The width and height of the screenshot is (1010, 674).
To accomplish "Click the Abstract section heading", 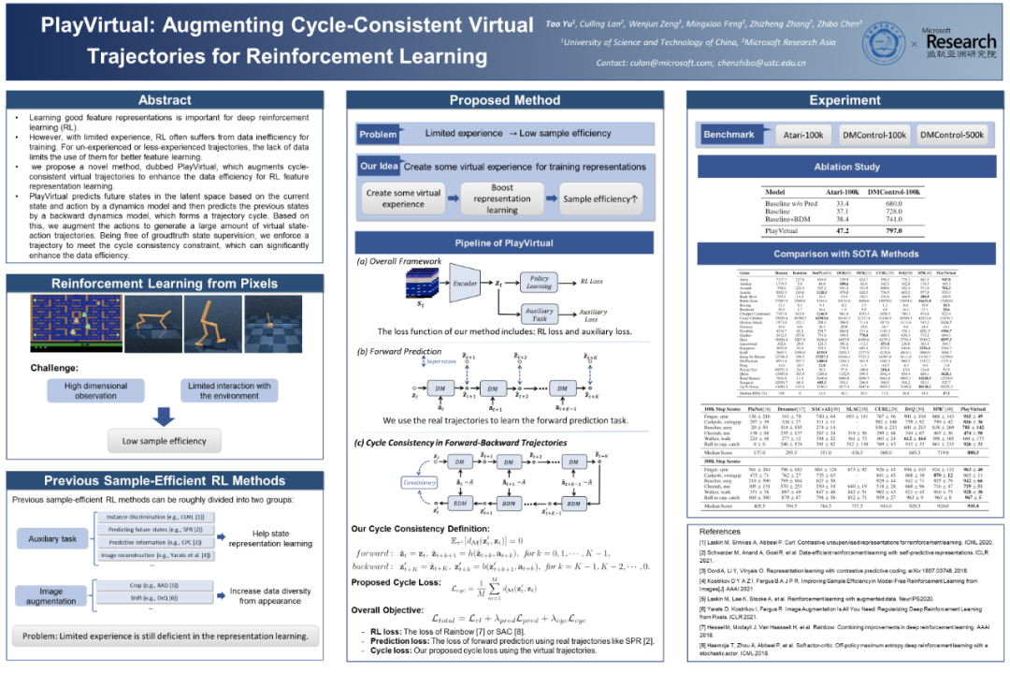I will tap(165, 100).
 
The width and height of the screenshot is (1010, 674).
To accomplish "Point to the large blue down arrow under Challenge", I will tap(166, 417).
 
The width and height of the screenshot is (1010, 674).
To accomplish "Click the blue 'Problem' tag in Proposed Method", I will tap(379, 134).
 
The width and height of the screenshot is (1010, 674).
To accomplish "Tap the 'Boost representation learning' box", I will tap(501, 198).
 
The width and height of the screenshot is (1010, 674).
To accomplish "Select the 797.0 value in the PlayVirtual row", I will tap(896, 229).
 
